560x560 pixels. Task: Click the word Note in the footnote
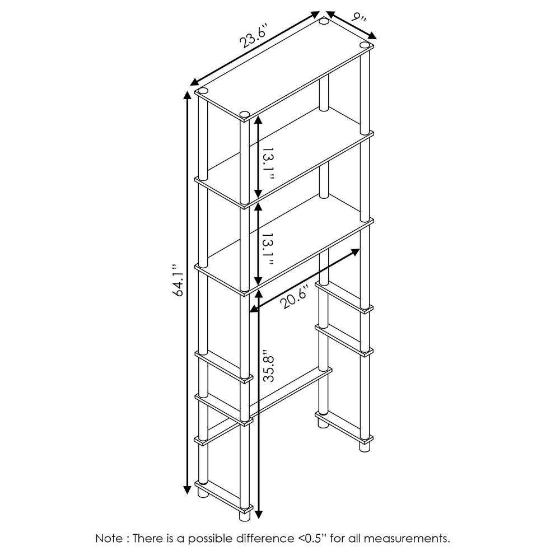(110, 539)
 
